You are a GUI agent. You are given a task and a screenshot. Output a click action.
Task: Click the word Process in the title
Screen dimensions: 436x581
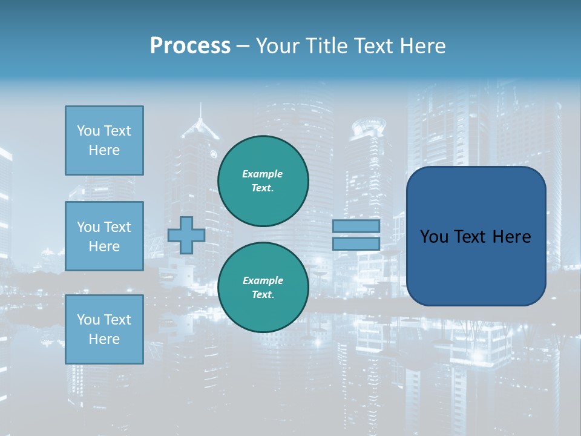click(190, 46)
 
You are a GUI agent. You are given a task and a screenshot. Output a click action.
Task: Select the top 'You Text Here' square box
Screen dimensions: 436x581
click(104, 140)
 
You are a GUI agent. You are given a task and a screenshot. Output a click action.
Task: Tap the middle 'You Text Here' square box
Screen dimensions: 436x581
click(104, 236)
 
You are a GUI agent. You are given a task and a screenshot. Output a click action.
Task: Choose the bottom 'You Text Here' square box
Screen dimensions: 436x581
click(104, 329)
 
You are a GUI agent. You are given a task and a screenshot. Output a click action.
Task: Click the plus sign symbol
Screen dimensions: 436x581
click(186, 235)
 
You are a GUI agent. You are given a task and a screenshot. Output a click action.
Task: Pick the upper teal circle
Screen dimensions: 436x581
click(263, 180)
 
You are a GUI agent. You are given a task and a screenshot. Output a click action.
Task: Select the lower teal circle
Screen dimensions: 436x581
click(263, 287)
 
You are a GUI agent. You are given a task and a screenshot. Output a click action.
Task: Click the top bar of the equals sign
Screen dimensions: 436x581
click(356, 226)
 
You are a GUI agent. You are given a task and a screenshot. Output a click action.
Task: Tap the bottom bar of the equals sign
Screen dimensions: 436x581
click(356, 243)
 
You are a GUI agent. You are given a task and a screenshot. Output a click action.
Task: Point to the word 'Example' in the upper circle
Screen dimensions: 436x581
click(263, 174)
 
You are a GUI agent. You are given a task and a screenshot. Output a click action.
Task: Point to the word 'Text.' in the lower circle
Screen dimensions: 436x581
click(263, 294)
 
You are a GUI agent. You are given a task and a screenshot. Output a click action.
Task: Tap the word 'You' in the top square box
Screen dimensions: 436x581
click(88, 131)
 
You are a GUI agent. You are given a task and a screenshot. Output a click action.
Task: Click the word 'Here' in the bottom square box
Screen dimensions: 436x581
click(104, 339)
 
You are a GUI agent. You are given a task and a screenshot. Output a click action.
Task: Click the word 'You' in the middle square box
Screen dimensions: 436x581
click(88, 227)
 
